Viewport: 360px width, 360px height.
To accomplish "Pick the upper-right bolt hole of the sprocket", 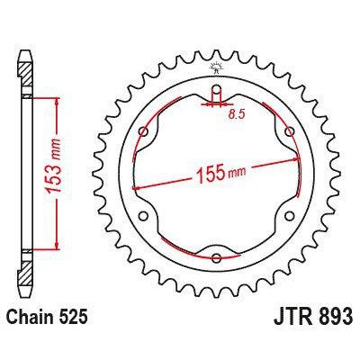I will [x=289, y=132].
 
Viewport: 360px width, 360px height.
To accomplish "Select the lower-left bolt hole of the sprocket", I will [x=145, y=215].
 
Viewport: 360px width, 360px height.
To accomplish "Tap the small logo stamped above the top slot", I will [x=217, y=69].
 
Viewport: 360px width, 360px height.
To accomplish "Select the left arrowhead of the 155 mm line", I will [x=136, y=185].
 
